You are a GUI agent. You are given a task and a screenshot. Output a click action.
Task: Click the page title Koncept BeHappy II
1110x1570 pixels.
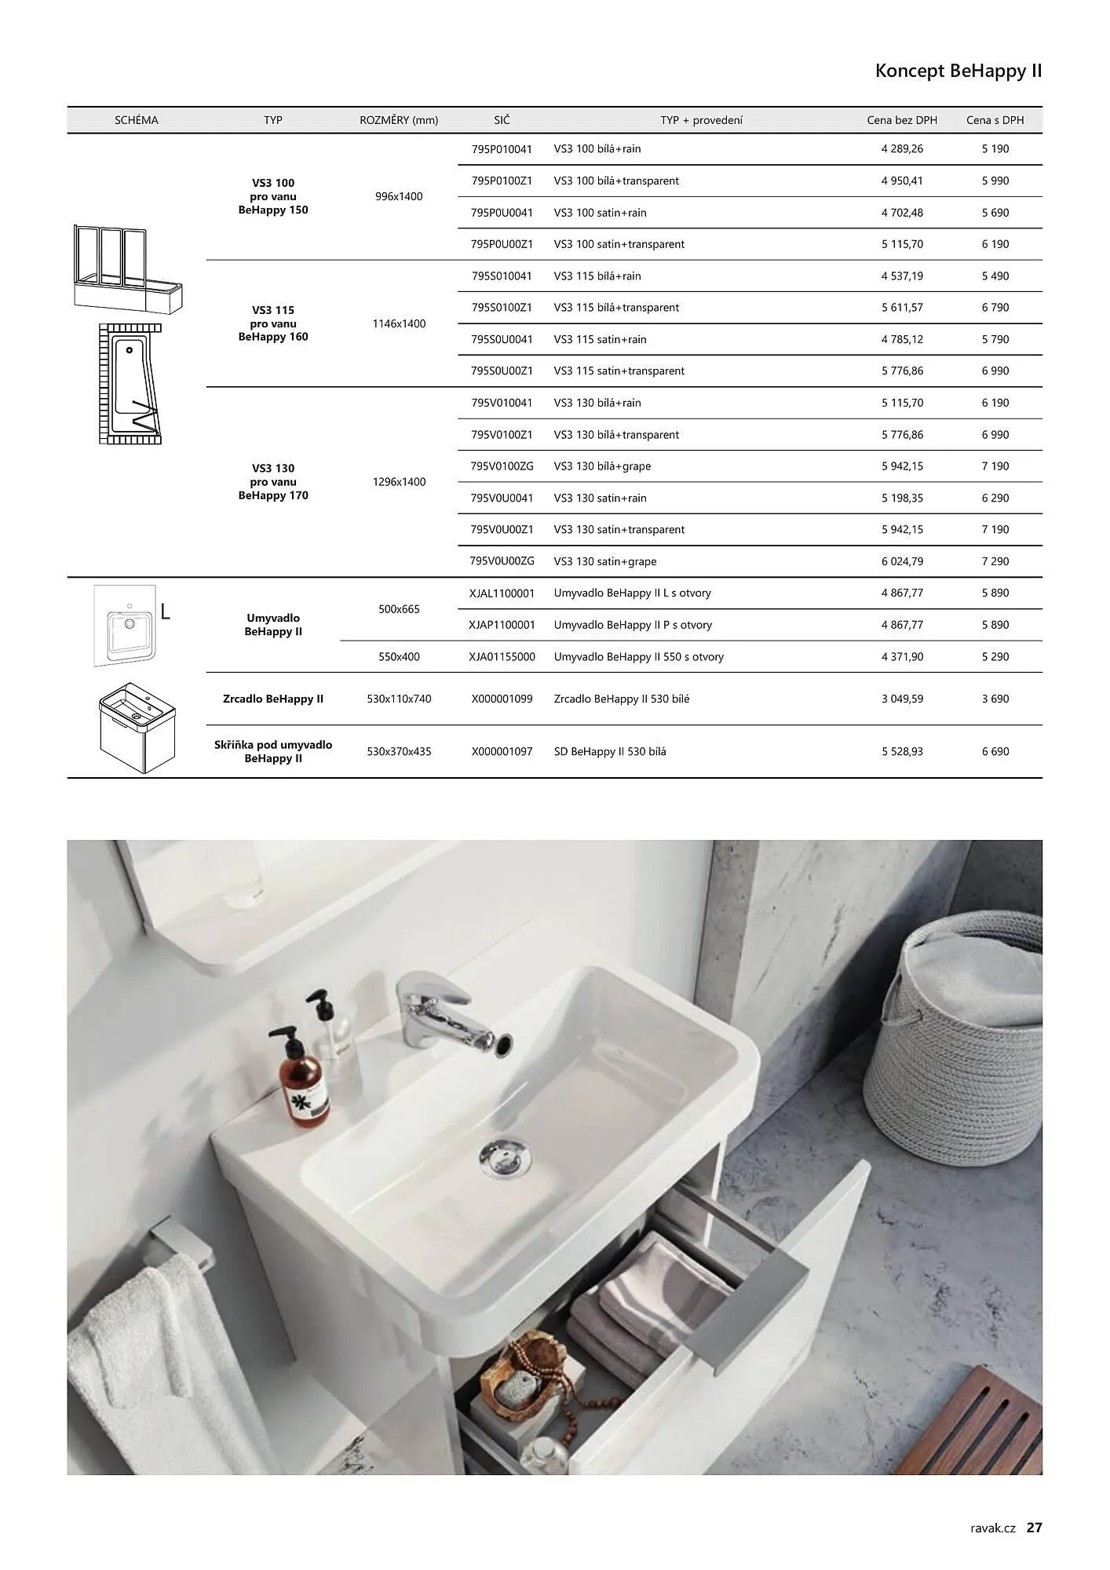pos(958,71)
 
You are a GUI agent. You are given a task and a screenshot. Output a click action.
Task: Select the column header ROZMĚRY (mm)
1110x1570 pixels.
pos(399,120)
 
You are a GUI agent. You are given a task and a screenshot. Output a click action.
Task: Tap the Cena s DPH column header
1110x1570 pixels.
pos(995,120)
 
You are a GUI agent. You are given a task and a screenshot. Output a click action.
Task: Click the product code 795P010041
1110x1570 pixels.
pos(502,149)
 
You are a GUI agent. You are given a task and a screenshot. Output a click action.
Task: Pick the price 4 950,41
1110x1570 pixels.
pos(902,181)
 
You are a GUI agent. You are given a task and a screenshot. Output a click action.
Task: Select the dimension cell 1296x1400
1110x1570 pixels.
pos(399,482)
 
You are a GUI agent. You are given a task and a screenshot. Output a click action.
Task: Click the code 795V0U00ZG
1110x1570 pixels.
pos(502,561)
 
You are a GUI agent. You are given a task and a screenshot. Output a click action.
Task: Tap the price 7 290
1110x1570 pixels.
pos(995,561)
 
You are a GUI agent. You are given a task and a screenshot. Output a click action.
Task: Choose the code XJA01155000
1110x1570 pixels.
pos(502,656)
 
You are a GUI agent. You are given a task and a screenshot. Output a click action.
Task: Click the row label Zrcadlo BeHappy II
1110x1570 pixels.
pos(273,699)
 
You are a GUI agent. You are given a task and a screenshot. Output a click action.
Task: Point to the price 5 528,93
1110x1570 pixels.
pos(902,751)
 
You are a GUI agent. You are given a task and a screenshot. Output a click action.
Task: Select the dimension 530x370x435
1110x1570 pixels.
pos(399,751)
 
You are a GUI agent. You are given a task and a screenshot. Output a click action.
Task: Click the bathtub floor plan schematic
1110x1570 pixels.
pos(130,384)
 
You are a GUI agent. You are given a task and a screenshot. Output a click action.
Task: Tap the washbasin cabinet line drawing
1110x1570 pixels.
pos(137,728)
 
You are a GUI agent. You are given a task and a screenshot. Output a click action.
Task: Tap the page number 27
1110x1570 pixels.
pos(1034,1527)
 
